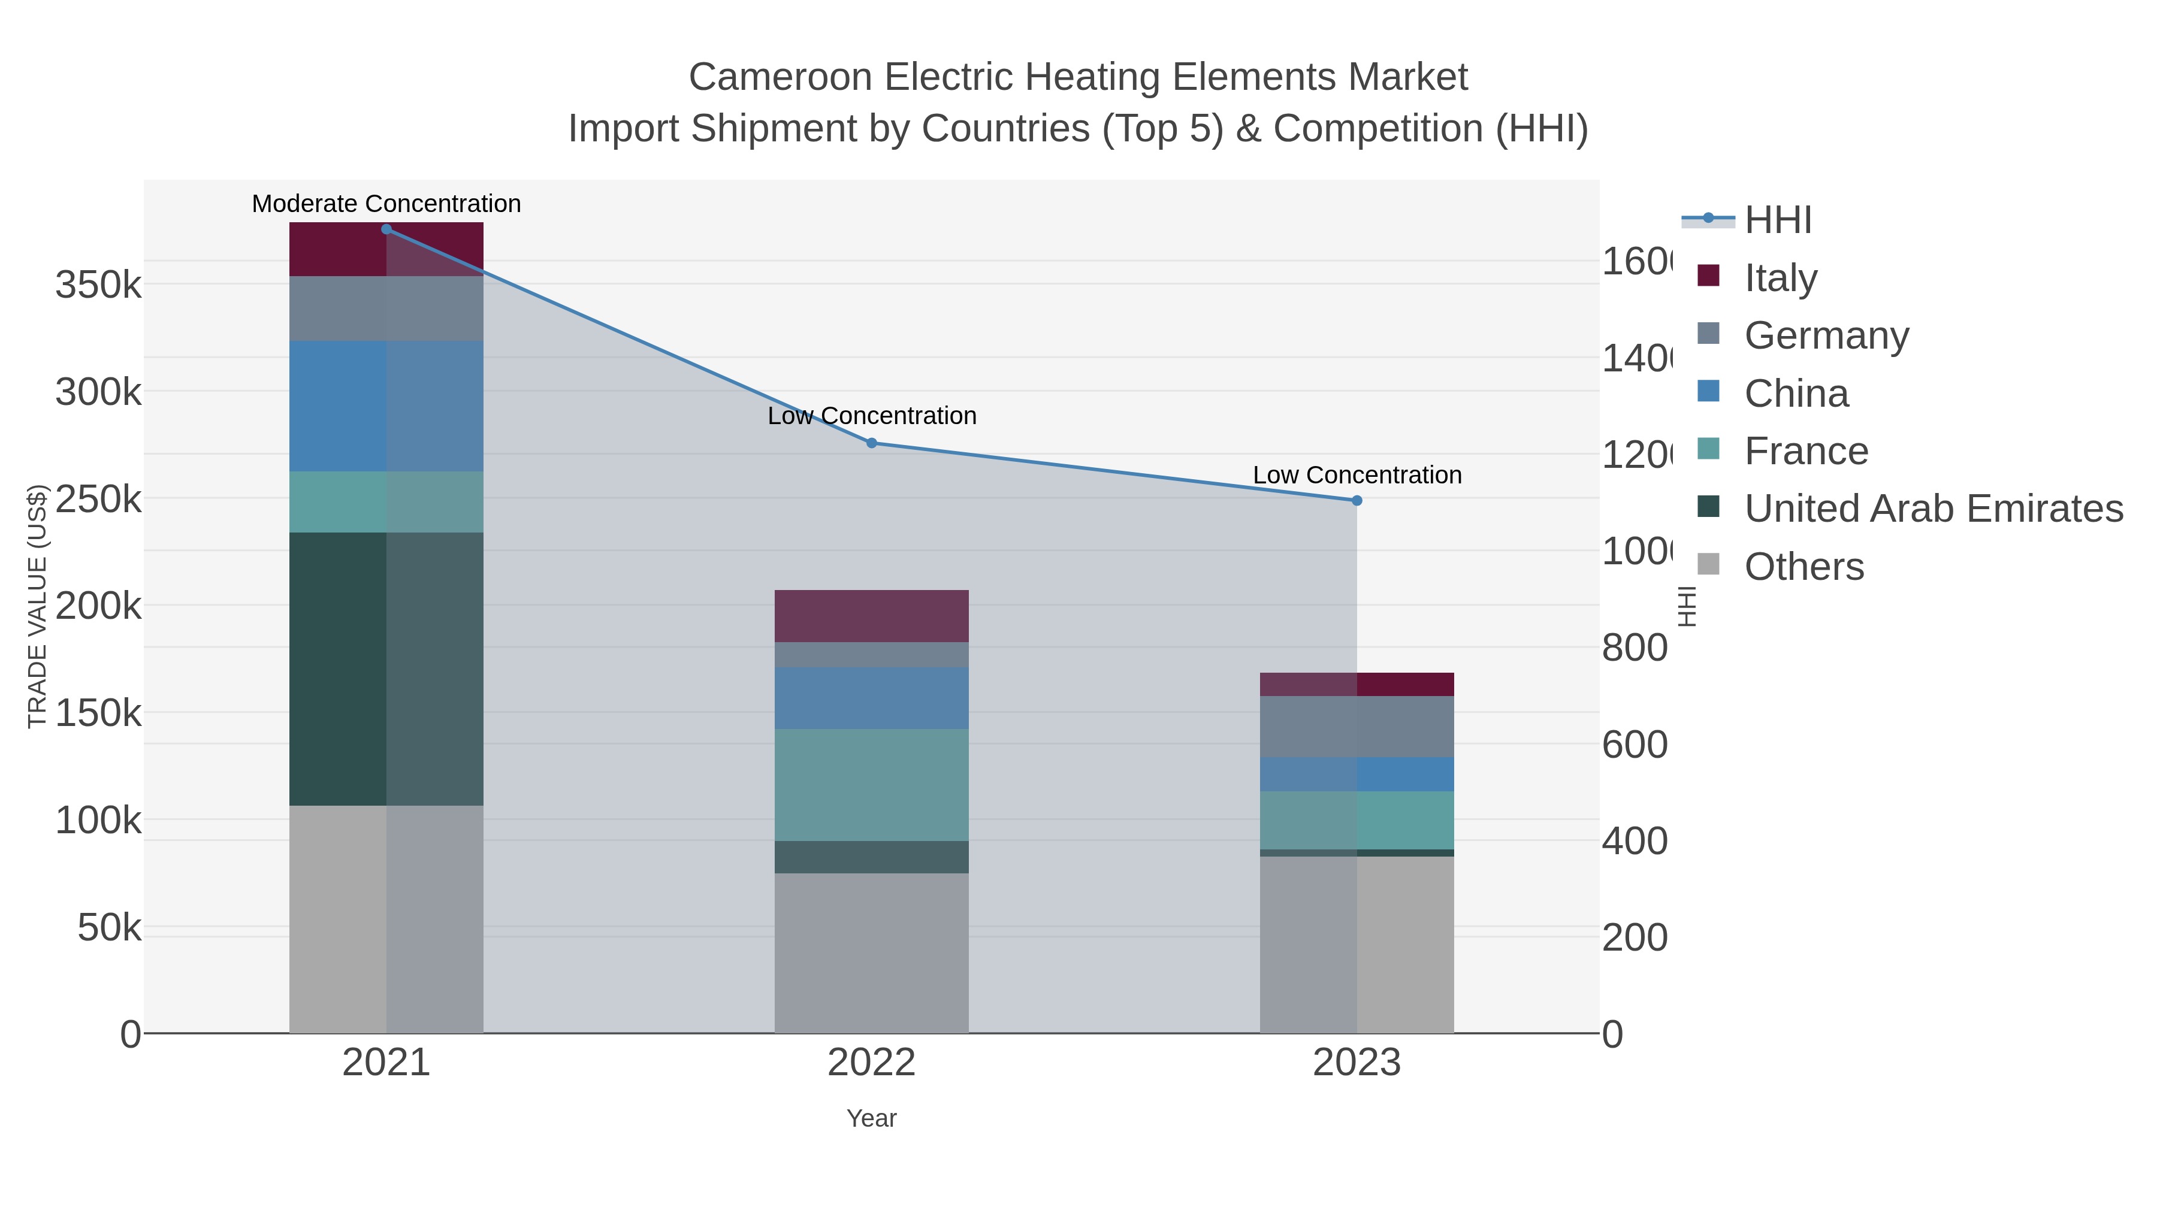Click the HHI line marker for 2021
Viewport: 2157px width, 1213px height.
[x=386, y=229]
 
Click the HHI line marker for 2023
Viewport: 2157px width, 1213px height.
[x=1357, y=501]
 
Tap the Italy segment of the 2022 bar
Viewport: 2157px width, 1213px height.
[x=872, y=616]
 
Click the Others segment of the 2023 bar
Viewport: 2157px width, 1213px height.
[x=1357, y=944]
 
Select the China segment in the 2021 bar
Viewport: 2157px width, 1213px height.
[x=386, y=406]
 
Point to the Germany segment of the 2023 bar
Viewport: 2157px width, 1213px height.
[x=1357, y=727]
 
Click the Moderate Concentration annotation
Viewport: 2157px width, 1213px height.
[x=386, y=204]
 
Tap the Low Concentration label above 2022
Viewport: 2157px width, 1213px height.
[x=872, y=416]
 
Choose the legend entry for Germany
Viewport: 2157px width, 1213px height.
[x=1826, y=335]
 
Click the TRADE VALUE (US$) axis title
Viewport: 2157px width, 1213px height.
[x=38, y=606]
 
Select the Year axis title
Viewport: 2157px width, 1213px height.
[x=872, y=1118]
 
